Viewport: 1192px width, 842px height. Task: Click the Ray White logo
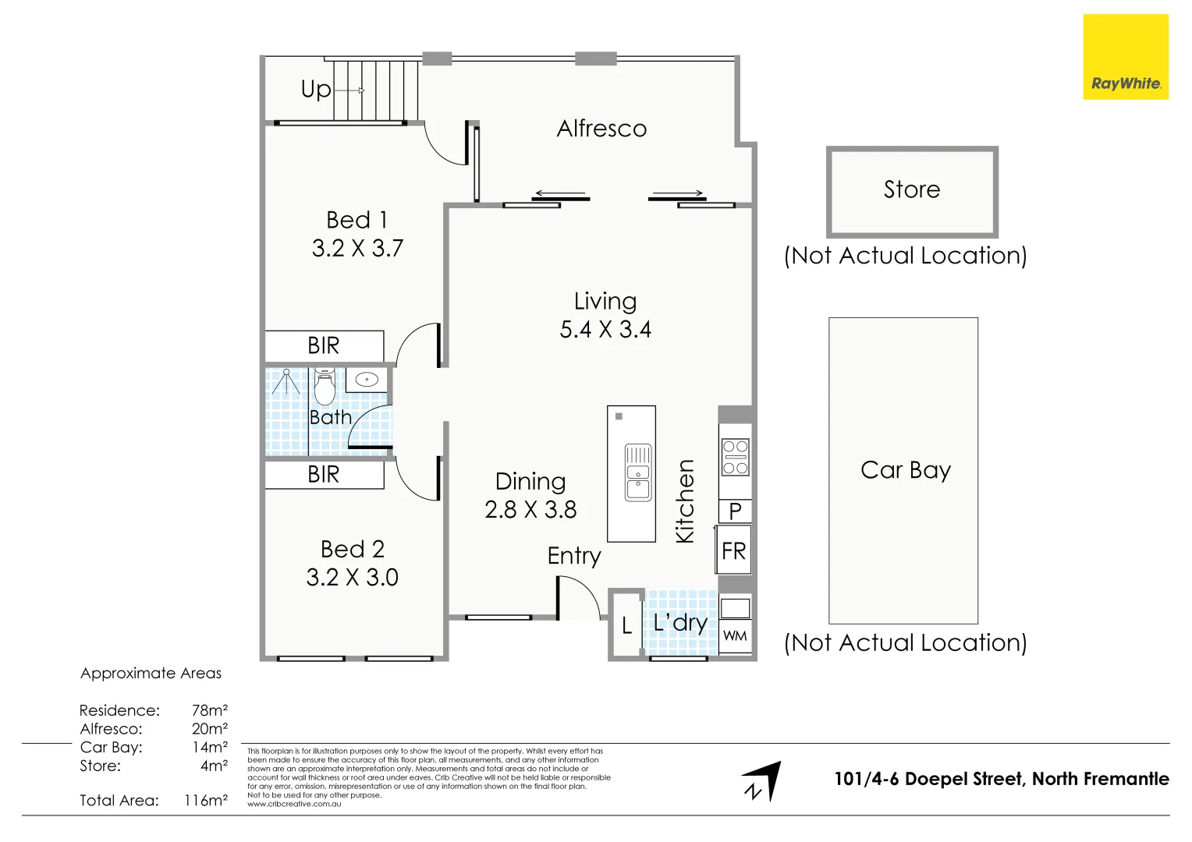pyautogui.click(x=1126, y=57)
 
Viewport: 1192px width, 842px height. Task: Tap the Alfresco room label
pyautogui.click(x=601, y=129)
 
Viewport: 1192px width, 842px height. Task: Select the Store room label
pyautogui.click(x=912, y=189)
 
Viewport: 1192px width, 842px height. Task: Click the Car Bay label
pyautogui.click(x=905, y=471)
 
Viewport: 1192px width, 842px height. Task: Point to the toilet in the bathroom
pyautogui.click(x=324, y=386)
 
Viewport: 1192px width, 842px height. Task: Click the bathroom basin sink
pyautogui.click(x=367, y=379)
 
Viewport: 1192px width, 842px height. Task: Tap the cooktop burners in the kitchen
pyautogui.click(x=735, y=457)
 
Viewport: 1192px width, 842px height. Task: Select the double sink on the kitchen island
pyautogui.click(x=637, y=472)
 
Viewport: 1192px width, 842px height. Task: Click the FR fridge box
pyautogui.click(x=733, y=550)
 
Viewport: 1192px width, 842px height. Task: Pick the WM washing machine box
pyautogui.click(x=735, y=635)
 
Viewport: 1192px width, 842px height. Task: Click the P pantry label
pyautogui.click(x=735, y=511)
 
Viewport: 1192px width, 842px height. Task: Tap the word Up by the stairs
pyautogui.click(x=316, y=90)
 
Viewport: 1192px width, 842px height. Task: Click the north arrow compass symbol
pyautogui.click(x=762, y=781)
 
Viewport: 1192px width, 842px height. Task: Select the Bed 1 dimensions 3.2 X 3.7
pyautogui.click(x=357, y=249)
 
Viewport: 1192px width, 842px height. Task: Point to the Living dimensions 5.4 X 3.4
pyautogui.click(x=605, y=329)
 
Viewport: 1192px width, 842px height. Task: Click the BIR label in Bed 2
pyautogui.click(x=323, y=475)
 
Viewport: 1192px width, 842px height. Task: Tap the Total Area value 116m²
pyautogui.click(x=206, y=800)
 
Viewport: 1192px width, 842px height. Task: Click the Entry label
pyautogui.click(x=574, y=557)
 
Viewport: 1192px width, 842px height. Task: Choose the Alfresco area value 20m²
pyautogui.click(x=210, y=728)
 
